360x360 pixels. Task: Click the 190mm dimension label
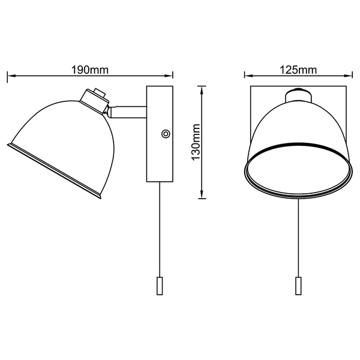point(90,70)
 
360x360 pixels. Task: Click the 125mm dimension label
point(298,70)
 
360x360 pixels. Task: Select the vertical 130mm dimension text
point(196,142)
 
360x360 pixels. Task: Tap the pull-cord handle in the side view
point(160,286)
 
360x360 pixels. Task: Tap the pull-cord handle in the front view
point(298,286)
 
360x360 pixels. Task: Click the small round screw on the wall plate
point(166,134)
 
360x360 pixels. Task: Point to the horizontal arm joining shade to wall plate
point(127,112)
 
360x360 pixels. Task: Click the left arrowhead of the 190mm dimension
point(11,76)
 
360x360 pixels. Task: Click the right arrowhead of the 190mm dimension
point(169,76)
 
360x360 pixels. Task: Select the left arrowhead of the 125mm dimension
point(249,75)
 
